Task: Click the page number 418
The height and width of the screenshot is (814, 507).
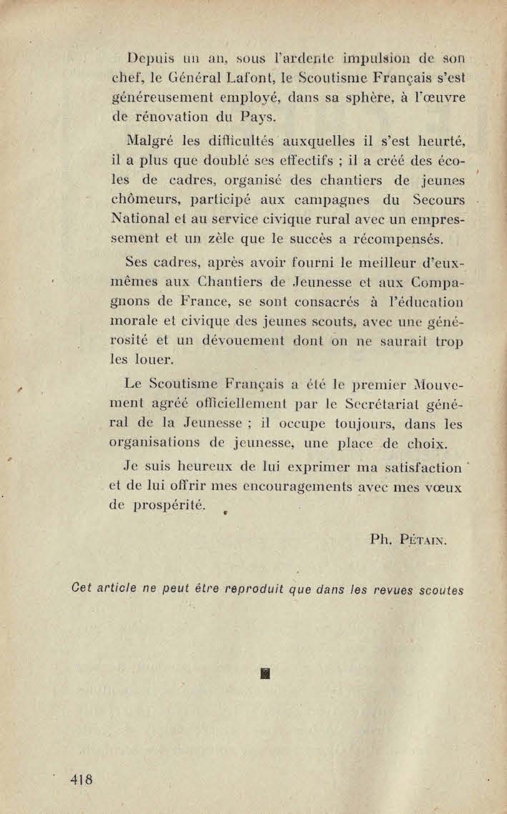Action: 82,779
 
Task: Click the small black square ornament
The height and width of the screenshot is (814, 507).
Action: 265,672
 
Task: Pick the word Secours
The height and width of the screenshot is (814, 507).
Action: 439,199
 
